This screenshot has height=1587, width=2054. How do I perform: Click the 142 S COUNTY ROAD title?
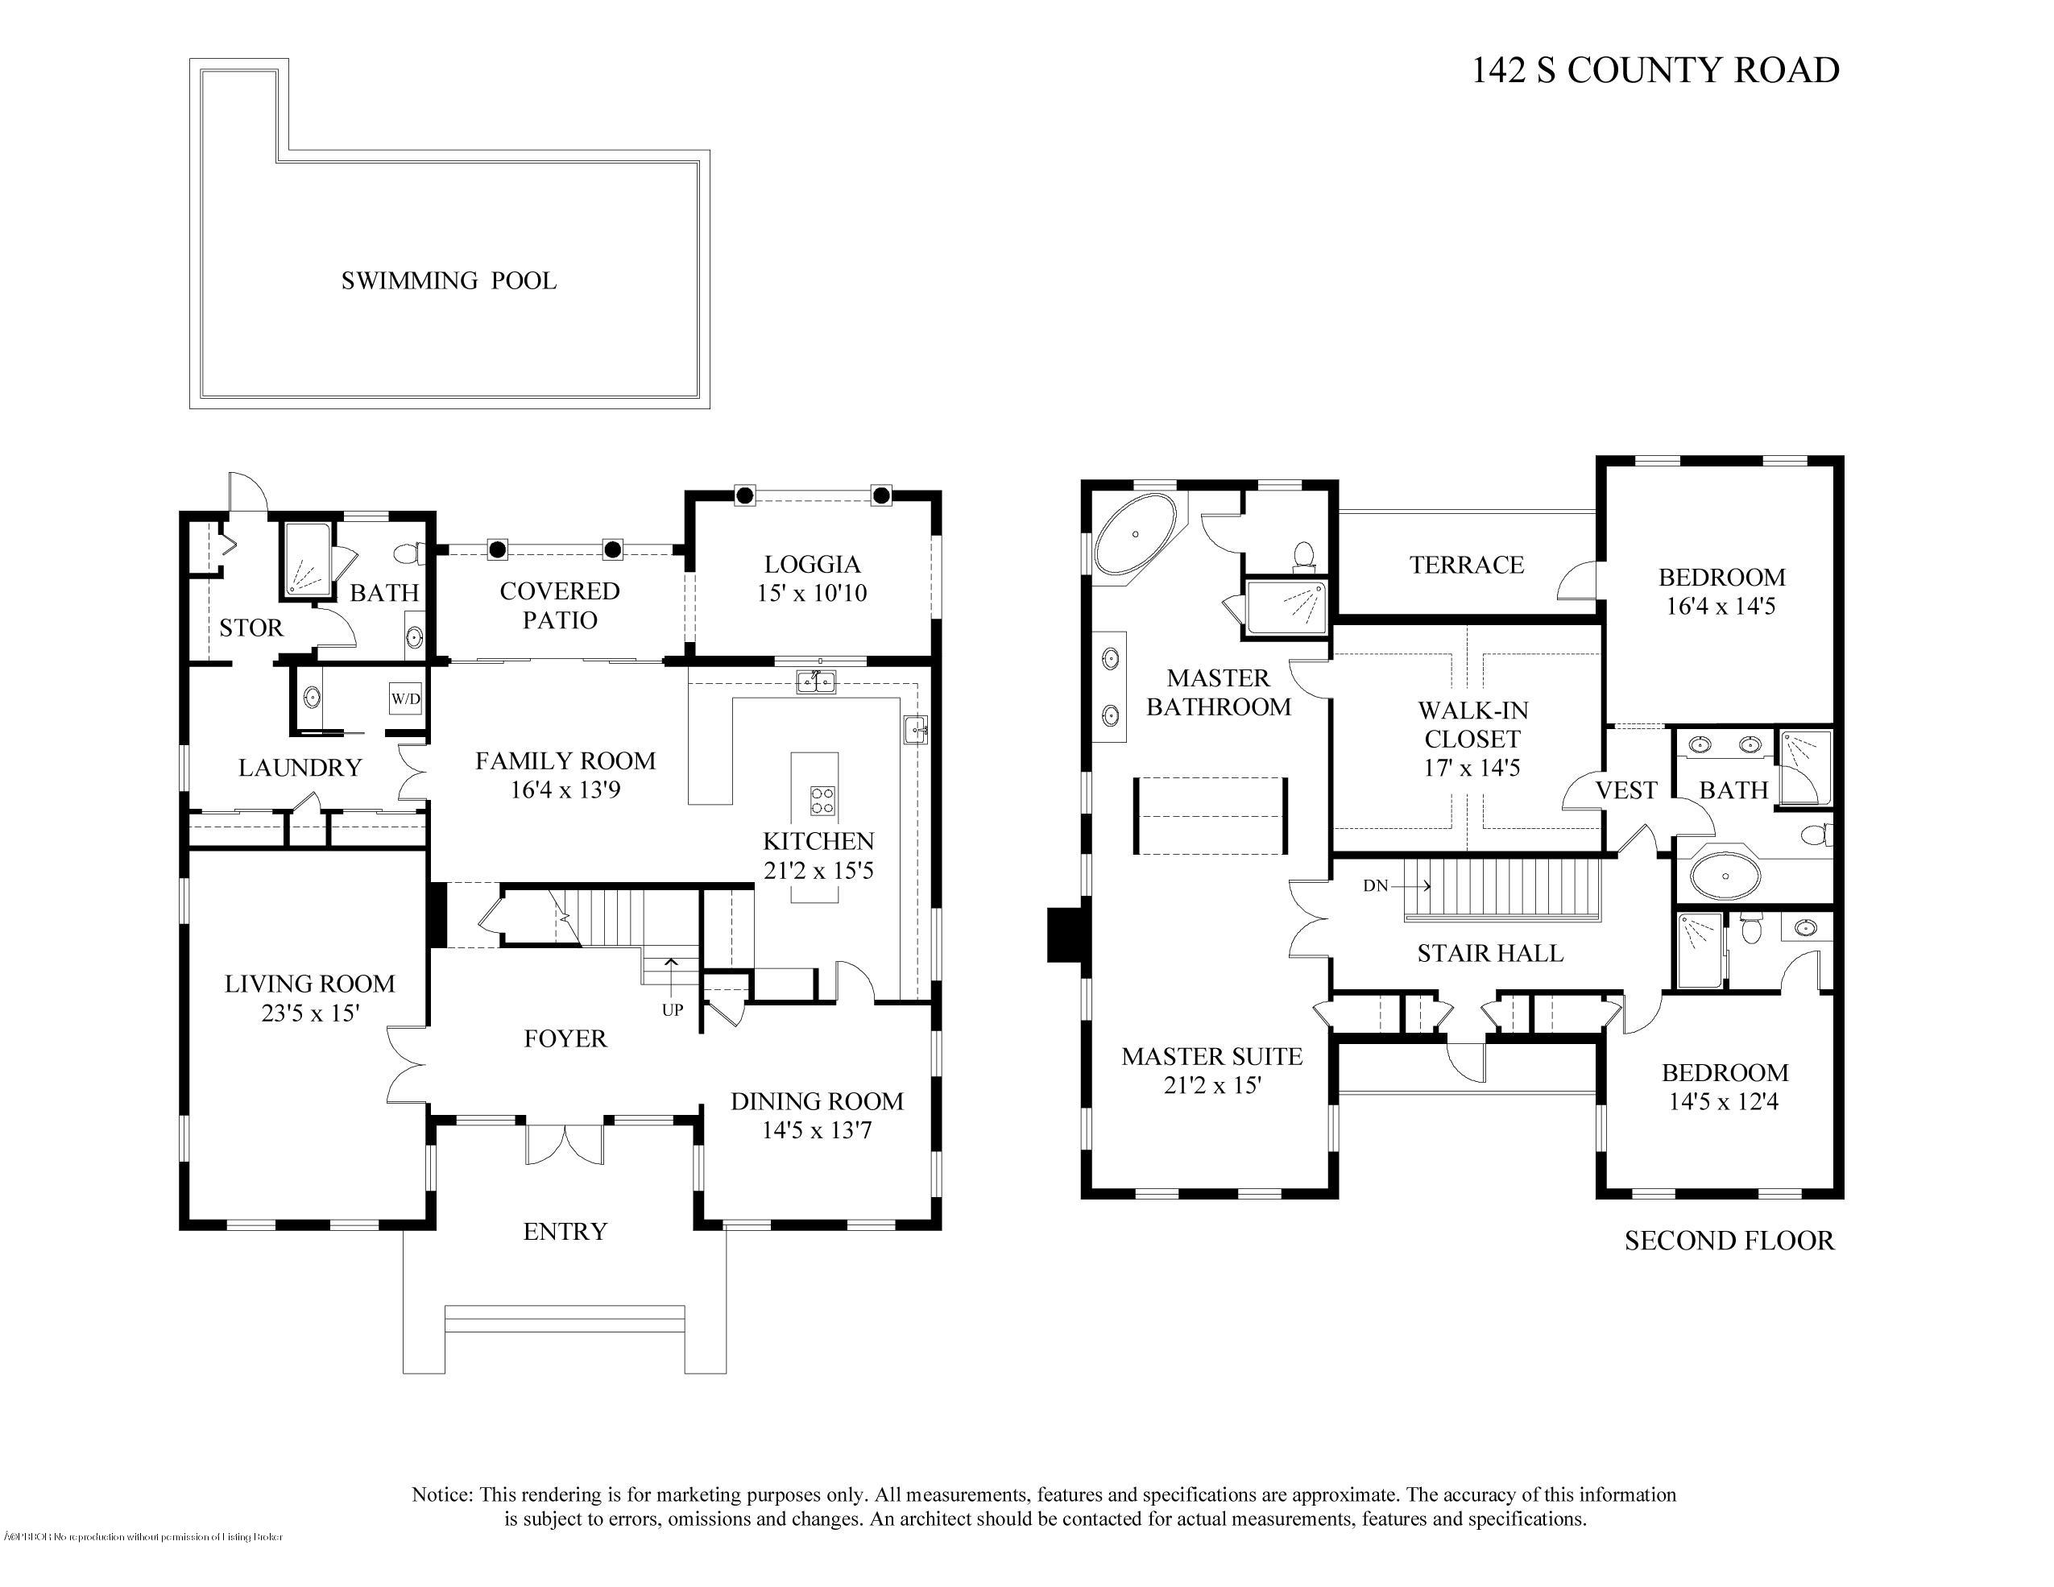tap(1654, 71)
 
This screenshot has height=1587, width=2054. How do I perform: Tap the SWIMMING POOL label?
tap(449, 280)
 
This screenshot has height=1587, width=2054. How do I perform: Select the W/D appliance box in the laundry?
tap(405, 699)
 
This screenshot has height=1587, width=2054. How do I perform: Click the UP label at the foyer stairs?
tap(672, 1010)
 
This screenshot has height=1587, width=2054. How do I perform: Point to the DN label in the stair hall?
tap(1375, 885)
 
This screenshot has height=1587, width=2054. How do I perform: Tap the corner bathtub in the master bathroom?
tap(1135, 534)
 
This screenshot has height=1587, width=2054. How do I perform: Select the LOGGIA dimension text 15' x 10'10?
tap(812, 594)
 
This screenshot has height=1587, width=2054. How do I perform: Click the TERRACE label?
tap(1466, 565)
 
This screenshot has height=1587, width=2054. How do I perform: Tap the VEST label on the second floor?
tap(1626, 790)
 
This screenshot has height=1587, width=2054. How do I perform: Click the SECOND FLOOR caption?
tap(1729, 1241)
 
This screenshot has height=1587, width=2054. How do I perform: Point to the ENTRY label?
tap(565, 1232)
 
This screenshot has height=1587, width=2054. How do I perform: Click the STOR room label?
tap(251, 628)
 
